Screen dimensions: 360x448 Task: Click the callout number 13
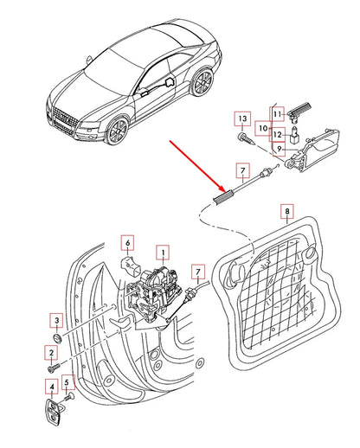(242, 118)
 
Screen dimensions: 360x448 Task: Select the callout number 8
(287, 211)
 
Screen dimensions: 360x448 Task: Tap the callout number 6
(128, 243)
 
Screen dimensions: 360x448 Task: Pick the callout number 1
(163, 253)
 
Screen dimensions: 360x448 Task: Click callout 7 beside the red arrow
(242, 170)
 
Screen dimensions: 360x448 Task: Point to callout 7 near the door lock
(198, 272)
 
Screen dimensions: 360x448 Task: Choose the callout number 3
(57, 320)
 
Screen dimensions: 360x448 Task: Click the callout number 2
(51, 353)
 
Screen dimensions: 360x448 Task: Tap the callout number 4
(52, 387)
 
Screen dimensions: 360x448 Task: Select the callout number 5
(67, 382)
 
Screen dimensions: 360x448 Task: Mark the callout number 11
(277, 114)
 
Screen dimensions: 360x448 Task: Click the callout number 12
(277, 134)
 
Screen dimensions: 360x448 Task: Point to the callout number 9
(279, 149)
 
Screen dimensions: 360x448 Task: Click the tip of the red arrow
(225, 191)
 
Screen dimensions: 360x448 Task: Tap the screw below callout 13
(247, 138)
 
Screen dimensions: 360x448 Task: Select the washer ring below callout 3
(58, 337)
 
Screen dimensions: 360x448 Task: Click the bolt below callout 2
(54, 368)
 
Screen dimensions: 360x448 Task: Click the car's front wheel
(118, 131)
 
